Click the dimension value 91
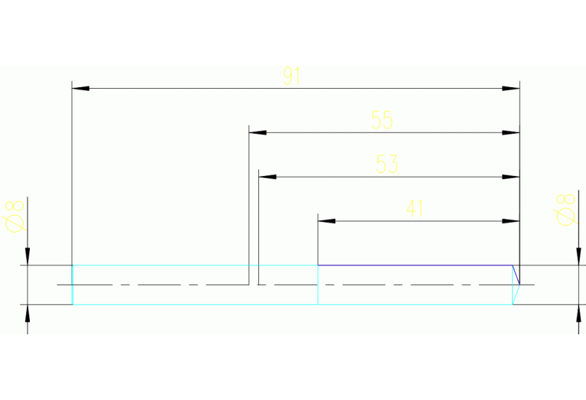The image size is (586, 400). pyautogui.click(x=292, y=76)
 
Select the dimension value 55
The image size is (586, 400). pyautogui.click(x=382, y=120)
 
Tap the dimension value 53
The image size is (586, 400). pyautogui.click(x=387, y=164)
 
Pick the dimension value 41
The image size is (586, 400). pyautogui.click(x=415, y=208)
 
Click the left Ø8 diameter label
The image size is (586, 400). pyautogui.click(x=15, y=216)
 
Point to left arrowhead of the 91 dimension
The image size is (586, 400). pyautogui.click(x=81, y=89)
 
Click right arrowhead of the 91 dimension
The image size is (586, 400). pyautogui.click(x=511, y=89)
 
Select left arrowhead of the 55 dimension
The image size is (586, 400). pyautogui.click(x=258, y=132)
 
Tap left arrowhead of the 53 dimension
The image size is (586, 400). pyautogui.click(x=267, y=177)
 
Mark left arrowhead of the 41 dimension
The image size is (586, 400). pyautogui.click(x=327, y=221)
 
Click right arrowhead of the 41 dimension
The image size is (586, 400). pyautogui.click(x=511, y=221)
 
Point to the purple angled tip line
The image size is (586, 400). pyautogui.click(x=516, y=275)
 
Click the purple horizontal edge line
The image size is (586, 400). pyautogui.click(x=415, y=265)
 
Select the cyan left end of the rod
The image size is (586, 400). pyautogui.click(x=73, y=285)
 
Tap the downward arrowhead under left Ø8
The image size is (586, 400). pyautogui.click(x=28, y=256)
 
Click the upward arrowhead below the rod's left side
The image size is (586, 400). pyautogui.click(x=28, y=314)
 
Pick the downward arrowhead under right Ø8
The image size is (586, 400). pyautogui.click(x=578, y=256)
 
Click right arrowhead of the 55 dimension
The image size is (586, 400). pyautogui.click(x=511, y=132)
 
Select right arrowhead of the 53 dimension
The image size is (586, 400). pyautogui.click(x=511, y=177)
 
